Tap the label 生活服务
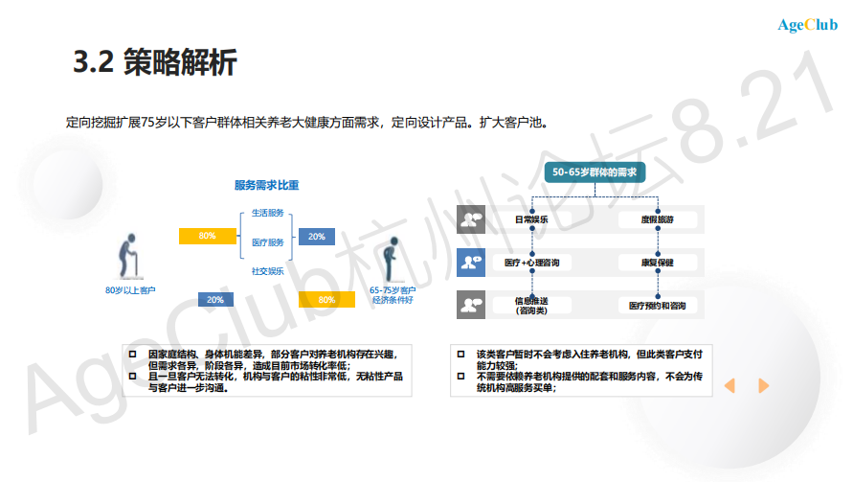click(x=267, y=213)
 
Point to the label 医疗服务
click(x=267, y=242)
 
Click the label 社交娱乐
click(x=267, y=271)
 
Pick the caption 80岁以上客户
click(x=130, y=289)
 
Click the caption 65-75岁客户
click(x=393, y=289)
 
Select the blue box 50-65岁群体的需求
click(x=595, y=172)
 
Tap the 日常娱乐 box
click(x=531, y=219)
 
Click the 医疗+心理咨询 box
click(x=531, y=262)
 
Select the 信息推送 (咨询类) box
click(x=531, y=305)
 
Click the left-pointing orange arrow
click(x=730, y=385)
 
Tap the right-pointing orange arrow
click(x=763, y=385)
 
